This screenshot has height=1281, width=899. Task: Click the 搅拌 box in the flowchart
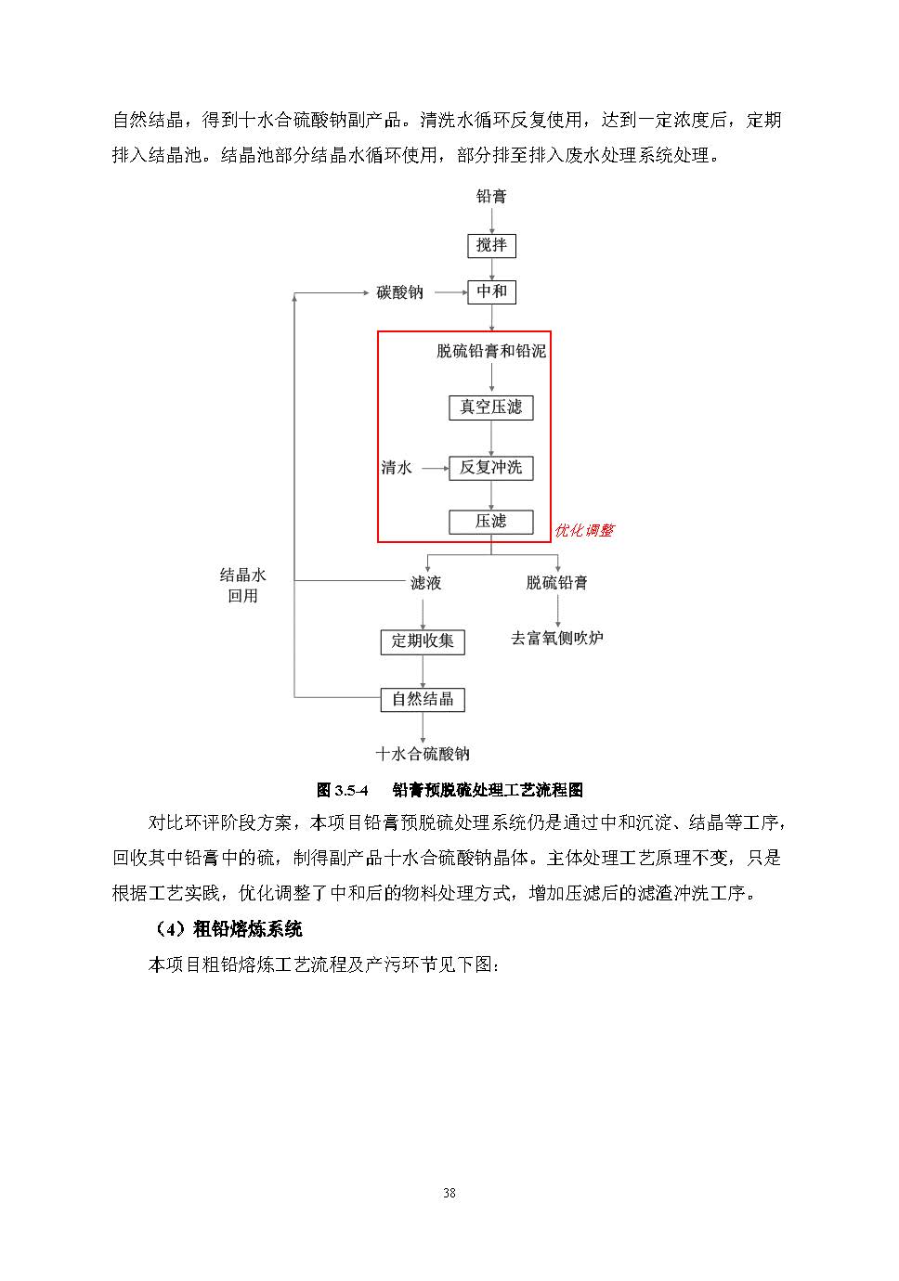[491, 245]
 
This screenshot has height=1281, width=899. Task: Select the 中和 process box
[491, 291]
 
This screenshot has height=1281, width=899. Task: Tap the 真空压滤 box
[490, 408]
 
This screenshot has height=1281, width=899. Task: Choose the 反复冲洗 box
[490, 468]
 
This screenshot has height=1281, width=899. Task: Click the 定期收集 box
[423, 641]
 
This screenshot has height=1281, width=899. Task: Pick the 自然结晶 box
[423, 699]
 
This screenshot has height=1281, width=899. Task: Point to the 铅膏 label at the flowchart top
[491, 196]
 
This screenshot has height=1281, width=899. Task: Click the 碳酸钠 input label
[399, 292]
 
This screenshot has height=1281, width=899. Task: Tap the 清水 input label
[396, 468]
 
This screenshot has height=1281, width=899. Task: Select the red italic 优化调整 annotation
[583, 531]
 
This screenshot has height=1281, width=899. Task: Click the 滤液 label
[425, 583]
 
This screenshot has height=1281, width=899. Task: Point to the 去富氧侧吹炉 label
[557, 638]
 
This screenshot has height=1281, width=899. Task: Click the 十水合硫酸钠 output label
[423, 753]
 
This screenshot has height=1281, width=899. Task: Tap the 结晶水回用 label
[242, 585]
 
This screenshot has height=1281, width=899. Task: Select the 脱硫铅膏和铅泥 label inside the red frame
[491, 351]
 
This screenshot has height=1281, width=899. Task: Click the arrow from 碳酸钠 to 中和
[451, 292]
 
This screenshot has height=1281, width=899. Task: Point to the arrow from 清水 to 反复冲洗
[435, 469]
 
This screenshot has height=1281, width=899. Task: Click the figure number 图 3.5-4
[342, 790]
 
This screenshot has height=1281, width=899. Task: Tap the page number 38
[449, 1193]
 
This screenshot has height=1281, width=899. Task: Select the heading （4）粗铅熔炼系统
[228, 928]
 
